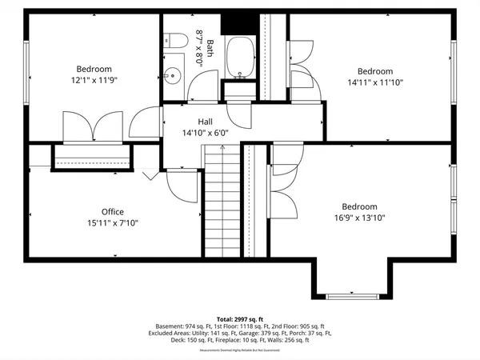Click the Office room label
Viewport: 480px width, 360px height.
click(112, 212)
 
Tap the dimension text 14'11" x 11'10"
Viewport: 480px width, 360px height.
click(375, 82)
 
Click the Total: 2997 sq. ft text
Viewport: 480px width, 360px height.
click(239, 318)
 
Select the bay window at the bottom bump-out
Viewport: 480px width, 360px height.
click(350, 296)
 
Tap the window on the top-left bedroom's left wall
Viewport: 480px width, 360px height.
click(26, 66)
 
